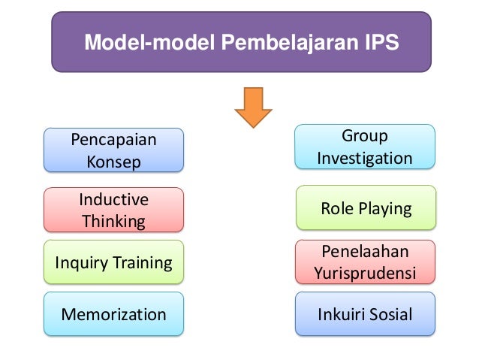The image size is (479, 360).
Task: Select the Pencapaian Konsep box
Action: (113, 150)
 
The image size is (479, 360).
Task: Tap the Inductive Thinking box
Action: (113, 210)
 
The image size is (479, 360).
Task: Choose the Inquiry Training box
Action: (113, 262)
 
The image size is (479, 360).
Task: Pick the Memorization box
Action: (113, 313)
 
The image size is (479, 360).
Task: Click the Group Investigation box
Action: (364, 147)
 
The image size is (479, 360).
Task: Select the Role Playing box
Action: (366, 207)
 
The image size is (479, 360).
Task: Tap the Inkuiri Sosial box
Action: (366, 313)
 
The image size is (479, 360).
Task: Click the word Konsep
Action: (113, 162)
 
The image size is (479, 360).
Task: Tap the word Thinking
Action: (113, 221)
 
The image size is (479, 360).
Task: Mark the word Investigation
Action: (364, 159)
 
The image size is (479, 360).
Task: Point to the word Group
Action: (364, 136)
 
